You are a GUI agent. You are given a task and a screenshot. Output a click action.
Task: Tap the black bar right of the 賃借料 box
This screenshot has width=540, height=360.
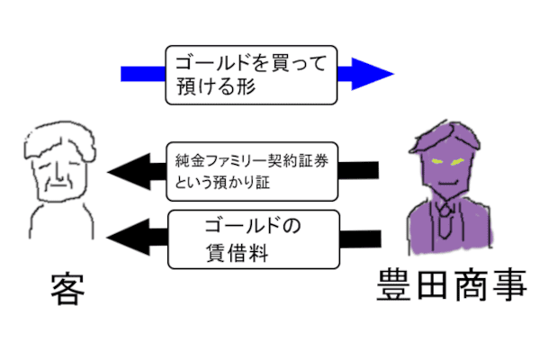point(364,238)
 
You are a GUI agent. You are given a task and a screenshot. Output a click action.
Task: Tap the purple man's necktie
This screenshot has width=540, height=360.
point(446,216)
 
